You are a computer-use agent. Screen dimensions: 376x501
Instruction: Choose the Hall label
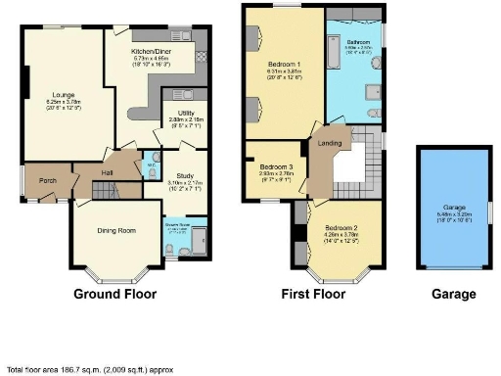point(108,174)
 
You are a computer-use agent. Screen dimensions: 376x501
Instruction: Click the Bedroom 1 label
point(284,65)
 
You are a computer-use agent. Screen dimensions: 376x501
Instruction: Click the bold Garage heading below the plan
point(454,293)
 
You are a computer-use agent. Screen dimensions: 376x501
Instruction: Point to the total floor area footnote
point(82,369)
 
